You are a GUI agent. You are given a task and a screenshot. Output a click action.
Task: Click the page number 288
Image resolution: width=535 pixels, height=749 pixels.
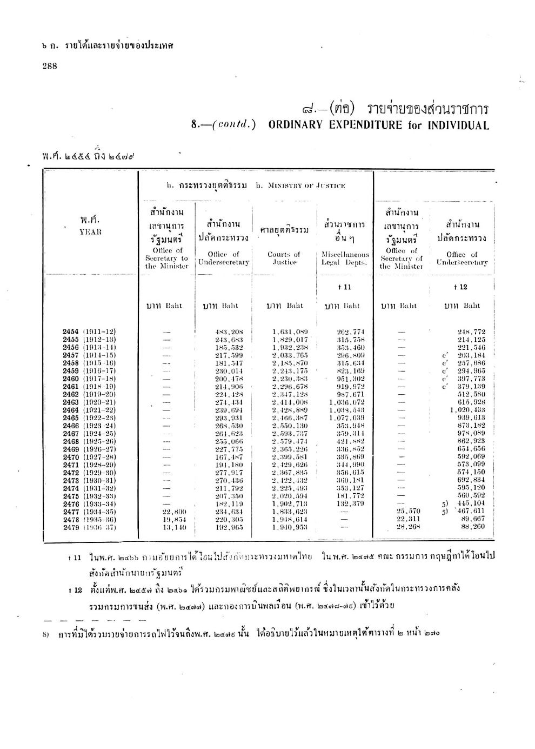click(x=50, y=66)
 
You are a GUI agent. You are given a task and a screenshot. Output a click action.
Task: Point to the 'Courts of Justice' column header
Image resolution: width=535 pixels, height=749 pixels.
click(x=284, y=258)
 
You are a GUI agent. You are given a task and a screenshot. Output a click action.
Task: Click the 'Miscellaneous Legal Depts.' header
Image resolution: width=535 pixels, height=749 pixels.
click(x=345, y=258)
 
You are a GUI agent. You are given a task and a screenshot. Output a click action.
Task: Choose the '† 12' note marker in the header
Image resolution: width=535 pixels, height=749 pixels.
click(x=460, y=287)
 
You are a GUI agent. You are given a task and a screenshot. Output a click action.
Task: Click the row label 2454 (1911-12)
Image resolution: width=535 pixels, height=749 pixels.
click(x=89, y=332)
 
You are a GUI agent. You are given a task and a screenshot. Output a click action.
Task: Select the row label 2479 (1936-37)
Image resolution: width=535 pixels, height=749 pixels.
click(x=89, y=527)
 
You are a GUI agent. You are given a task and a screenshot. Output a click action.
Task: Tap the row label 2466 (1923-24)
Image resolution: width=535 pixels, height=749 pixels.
click(x=89, y=425)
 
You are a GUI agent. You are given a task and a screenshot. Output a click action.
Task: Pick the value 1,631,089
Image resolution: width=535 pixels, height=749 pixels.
click(x=290, y=332)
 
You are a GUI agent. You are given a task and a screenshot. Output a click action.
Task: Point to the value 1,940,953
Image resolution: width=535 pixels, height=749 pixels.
click(x=290, y=527)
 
